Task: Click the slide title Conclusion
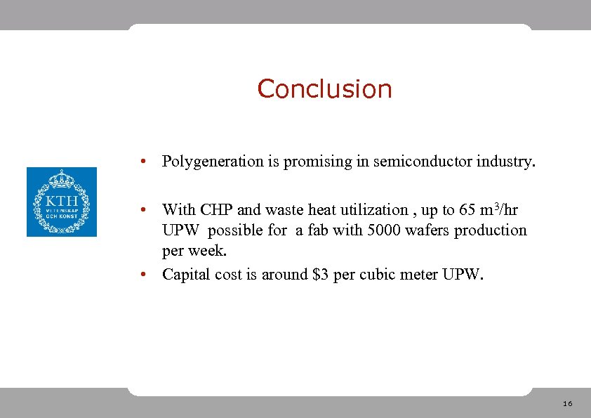point(324,89)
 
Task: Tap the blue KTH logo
point(62,202)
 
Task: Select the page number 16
point(567,404)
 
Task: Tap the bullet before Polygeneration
point(142,162)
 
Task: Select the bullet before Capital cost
point(142,274)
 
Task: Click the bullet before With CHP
point(142,210)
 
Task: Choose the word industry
point(506,162)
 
